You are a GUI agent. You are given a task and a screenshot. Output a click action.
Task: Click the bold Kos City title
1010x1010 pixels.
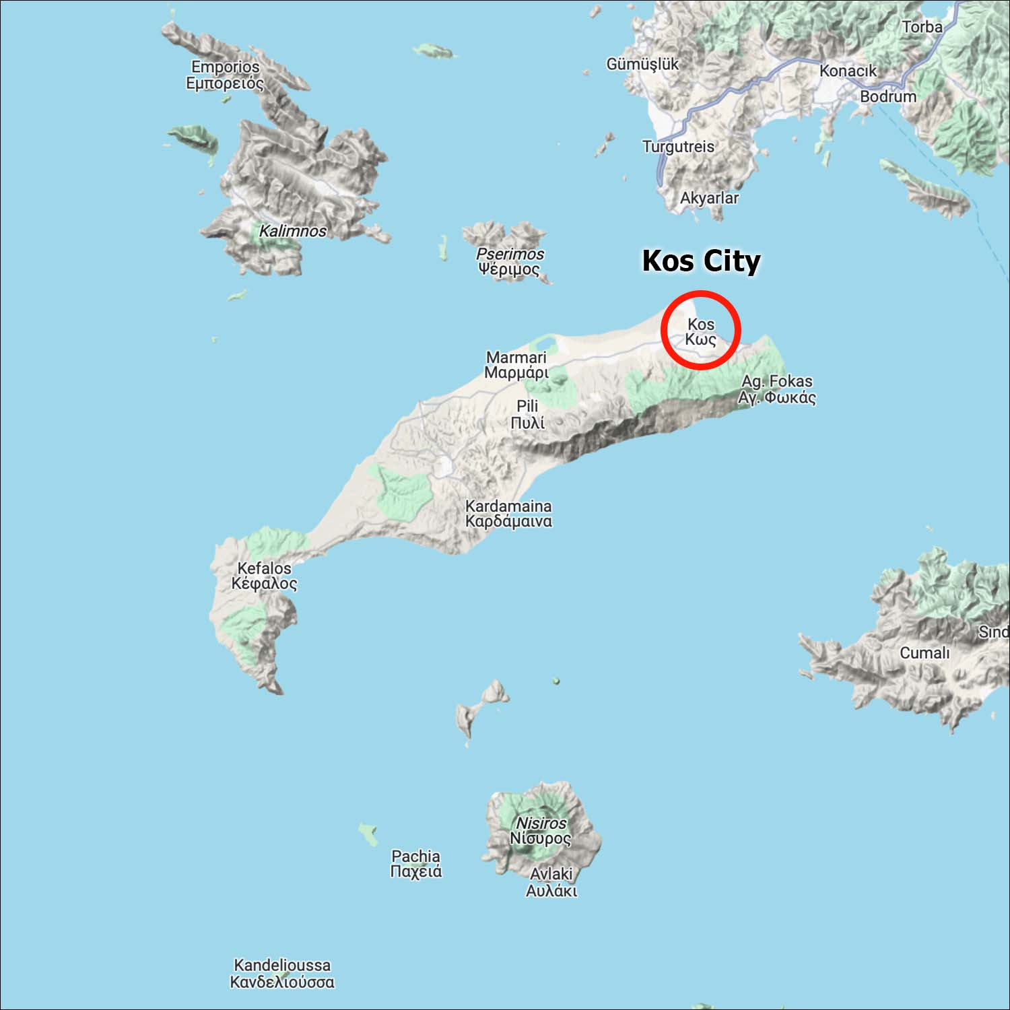[x=701, y=261]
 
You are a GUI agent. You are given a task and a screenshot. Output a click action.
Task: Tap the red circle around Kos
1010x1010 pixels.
[x=701, y=294]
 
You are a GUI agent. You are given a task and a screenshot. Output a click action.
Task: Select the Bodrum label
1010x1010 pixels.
[x=887, y=96]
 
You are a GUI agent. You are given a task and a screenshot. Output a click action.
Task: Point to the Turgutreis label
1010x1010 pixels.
[x=678, y=147]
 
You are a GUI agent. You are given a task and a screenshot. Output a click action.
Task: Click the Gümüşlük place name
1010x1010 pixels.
[x=642, y=64]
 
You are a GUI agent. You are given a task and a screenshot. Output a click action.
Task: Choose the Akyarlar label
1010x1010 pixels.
[x=709, y=198]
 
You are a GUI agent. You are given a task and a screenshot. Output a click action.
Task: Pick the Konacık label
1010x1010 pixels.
[x=848, y=71]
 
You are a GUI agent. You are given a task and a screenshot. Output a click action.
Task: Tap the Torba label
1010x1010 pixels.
[x=922, y=27]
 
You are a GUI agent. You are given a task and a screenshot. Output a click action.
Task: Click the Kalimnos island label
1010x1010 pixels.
[x=293, y=231]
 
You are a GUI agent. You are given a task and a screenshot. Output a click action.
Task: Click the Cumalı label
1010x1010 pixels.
[x=924, y=652]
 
